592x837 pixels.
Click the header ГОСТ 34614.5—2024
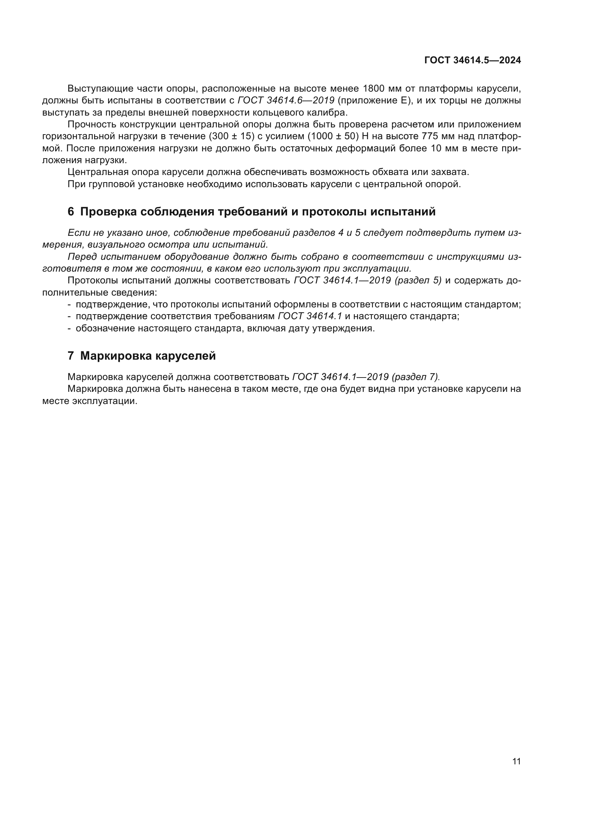pos(472,60)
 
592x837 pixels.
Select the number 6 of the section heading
pos(71,212)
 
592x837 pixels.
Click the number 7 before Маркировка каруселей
pos(71,356)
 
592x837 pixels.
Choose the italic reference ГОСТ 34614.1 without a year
pos(310,316)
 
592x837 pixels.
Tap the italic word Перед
pos(82,257)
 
